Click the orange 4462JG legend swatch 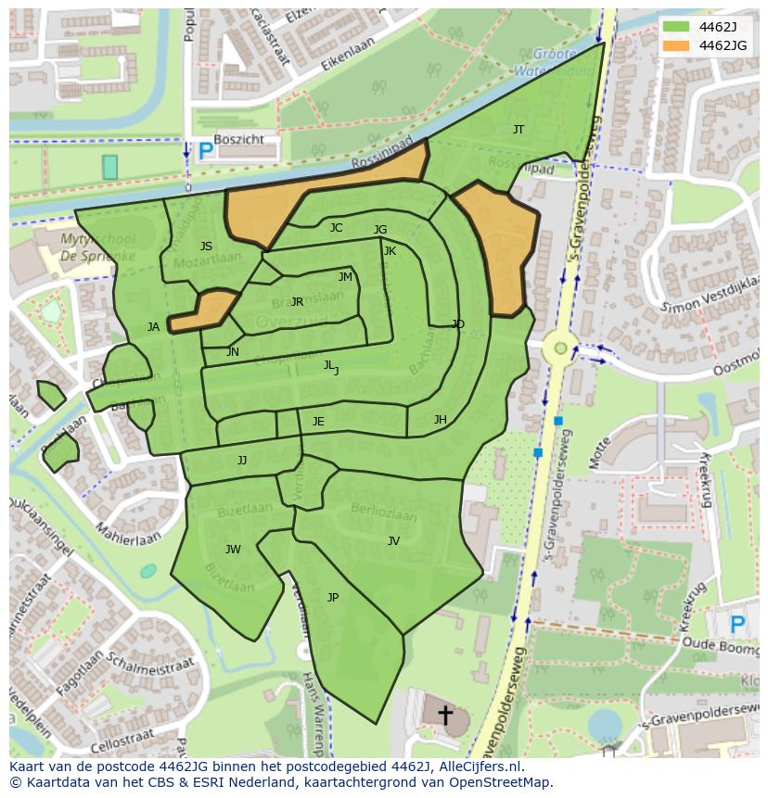point(676,45)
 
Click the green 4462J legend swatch point(676,27)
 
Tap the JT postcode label point(518,130)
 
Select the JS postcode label point(206,247)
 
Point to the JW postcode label point(233,550)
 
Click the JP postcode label point(333,598)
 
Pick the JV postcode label point(393,541)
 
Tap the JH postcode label point(440,420)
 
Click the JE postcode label point(318,422)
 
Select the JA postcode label point(153,327)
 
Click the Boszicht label point(238,140)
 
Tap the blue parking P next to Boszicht point(205,149)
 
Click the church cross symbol point(445,716)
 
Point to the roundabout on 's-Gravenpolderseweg point(559,349)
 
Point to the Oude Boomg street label point(721,642)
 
